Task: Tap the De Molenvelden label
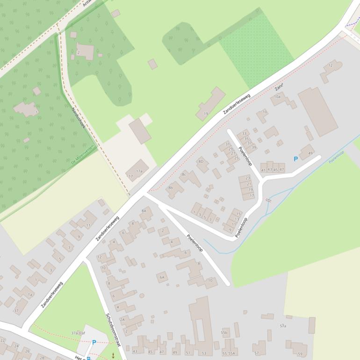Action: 83,154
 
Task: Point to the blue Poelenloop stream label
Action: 336,156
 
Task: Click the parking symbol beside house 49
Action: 295,159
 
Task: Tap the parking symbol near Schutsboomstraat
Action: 94,342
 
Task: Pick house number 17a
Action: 139,172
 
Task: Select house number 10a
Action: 277,96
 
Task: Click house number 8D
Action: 201,161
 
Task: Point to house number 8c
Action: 184,174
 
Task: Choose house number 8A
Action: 144,211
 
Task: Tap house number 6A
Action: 162,277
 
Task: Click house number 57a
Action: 283,325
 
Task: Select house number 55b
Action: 224,333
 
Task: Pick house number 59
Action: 300,353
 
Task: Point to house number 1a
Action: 29,295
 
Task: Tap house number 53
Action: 203,353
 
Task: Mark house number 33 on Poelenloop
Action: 244,134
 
